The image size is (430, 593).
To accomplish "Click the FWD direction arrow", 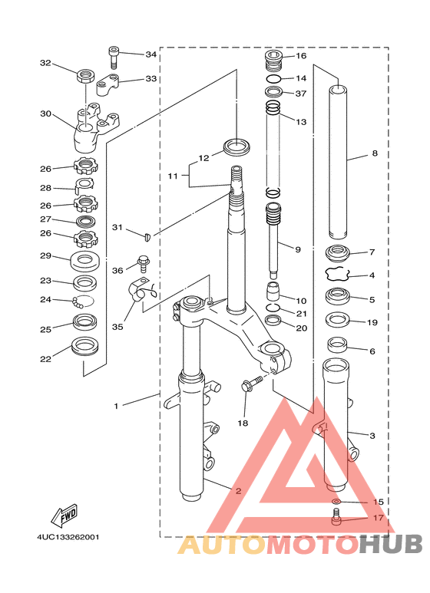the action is tap(64, 515).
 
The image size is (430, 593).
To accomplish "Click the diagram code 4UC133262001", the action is tap(68, 537).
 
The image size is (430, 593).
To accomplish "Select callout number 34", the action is tap(151, 54).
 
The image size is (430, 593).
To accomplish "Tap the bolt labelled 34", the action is tap(114, 57).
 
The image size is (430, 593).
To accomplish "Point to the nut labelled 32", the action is tap(86, 76).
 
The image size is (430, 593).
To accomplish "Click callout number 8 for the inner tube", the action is tap(375, 153).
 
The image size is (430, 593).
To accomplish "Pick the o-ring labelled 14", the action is tap(273, 79).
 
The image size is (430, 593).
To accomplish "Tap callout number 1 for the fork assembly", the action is tap(116, 406).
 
